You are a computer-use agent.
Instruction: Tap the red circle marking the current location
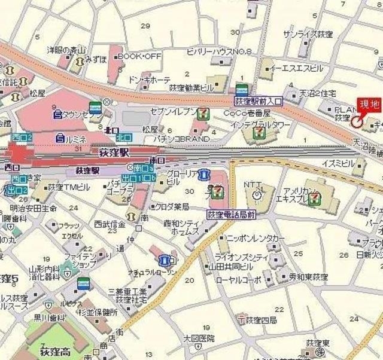tap(357, 123)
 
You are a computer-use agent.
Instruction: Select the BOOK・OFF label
tap(140, 56)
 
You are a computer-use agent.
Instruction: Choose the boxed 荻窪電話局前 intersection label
tap(232, 213)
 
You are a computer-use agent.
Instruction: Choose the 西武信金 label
tap(110, 224)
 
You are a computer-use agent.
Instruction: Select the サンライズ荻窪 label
tap(308, 34)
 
